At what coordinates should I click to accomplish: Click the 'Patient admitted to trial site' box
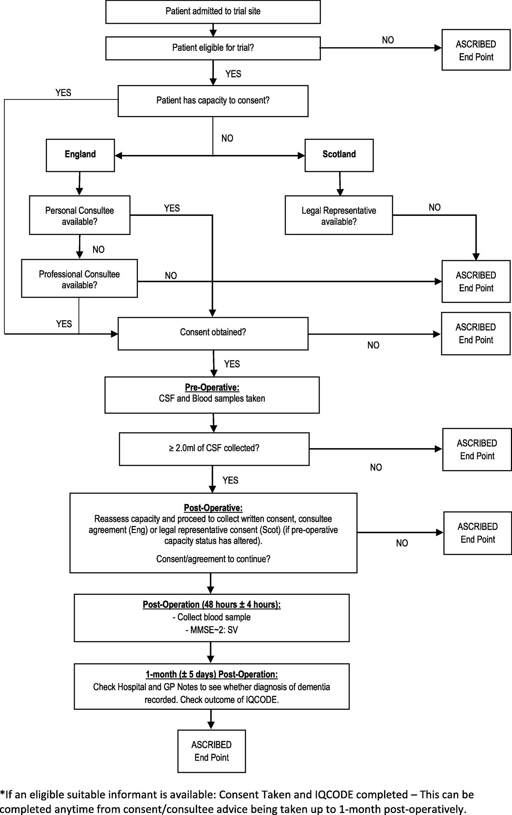[x=213, y=12]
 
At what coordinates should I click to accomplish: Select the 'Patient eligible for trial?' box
[x=213, y=48]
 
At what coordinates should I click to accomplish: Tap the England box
[x=80, y=155]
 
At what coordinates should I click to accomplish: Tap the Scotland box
[x=339, y=155]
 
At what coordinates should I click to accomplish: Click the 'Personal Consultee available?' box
[x=79, y=215]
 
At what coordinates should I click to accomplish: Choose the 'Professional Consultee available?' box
[x=79, y=279]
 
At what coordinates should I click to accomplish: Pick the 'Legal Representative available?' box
[x=338, y=215]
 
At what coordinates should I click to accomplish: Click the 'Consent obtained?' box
[x=213, y=333]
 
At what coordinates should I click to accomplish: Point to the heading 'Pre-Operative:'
[x=212, y=387]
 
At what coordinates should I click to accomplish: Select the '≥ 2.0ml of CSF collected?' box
[x=214, y=449]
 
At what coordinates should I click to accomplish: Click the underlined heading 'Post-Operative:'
[x=213, y=508]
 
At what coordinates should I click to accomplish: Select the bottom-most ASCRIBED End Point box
[x=211, y=751]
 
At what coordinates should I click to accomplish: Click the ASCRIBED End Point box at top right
[x=476, y=50]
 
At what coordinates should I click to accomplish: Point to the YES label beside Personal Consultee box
[x=172, y=208]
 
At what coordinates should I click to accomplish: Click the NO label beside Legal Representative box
[x=434, y=208]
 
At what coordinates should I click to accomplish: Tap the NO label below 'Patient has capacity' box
[x=227, y=138]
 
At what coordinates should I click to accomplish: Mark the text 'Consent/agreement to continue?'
[x=213, y=559]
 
